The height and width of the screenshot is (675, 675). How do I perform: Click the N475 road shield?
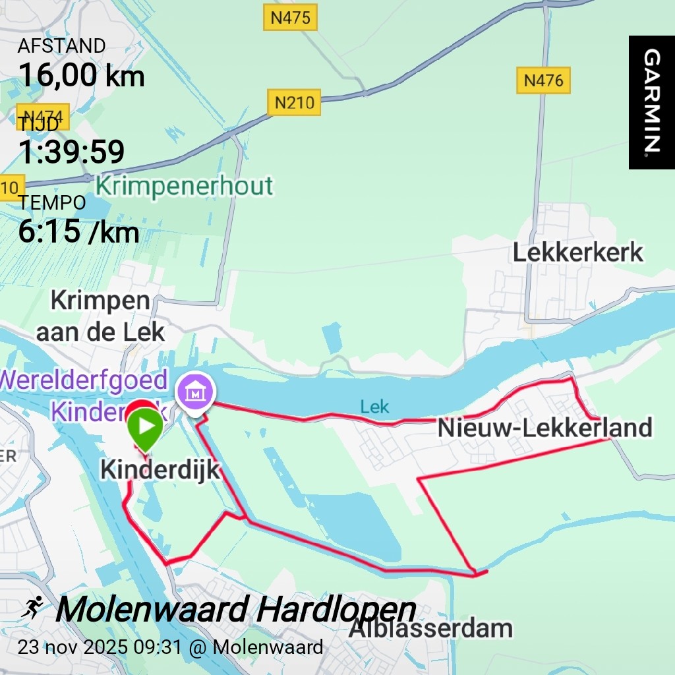click(290, 18)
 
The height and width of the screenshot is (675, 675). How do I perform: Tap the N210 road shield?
click(294, 103)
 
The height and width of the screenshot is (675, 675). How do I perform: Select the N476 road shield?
click(543, 80)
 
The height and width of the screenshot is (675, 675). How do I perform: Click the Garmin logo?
click(651, 102)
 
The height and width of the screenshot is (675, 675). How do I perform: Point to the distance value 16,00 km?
click(81, 75)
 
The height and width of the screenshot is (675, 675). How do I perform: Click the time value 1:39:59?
click(71, 152)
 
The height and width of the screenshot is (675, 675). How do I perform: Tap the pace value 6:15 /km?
click(78, 232)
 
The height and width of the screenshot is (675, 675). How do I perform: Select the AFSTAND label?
click(61, 46)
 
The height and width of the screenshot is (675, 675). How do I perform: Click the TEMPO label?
click(52, 203)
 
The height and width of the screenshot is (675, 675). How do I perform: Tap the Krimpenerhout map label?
click(184, 187)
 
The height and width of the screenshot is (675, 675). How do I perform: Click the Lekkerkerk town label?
click(577, 252)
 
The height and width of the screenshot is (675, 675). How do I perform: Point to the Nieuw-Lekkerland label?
click(544, 428)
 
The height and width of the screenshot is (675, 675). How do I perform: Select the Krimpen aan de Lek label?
click(100, 316)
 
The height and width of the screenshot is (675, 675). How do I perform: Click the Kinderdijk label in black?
click(160, 470)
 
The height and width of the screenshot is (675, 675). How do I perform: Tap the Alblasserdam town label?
click(430, 628)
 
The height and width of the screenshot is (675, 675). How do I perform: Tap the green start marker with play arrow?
click(145, 427)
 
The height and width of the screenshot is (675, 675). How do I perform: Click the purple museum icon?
click(196, 394)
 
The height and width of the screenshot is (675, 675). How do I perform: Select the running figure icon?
click(32, 607)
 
